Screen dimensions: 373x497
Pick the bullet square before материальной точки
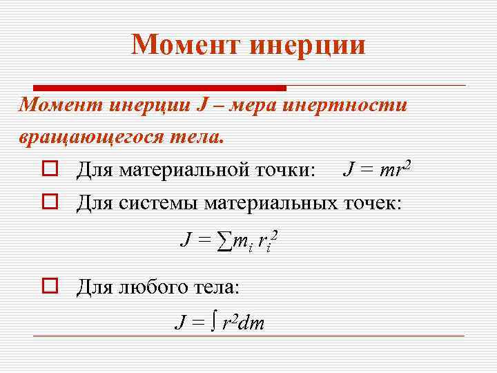(48, 169)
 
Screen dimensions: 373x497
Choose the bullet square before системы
(48, 203)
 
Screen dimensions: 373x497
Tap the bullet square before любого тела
(48, 285)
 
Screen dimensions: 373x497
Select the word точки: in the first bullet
(286, 169)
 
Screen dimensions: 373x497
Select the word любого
(149, 285)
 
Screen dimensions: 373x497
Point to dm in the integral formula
(253, 323)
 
